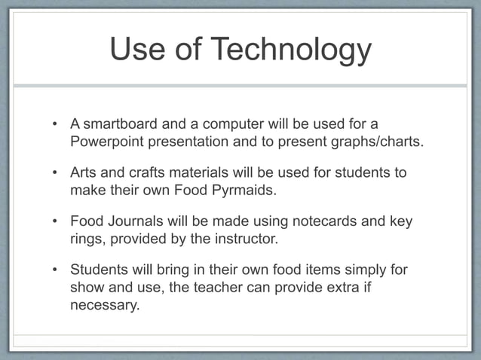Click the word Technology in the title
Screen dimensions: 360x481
click(x=291, y=50)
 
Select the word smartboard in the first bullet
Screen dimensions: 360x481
click(x=119, y=123)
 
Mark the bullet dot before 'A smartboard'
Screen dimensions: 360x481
click(x=54, y=123)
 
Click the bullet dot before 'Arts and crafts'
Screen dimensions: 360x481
click(x=54, y=172)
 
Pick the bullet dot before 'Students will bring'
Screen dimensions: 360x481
click(x=54, y=270)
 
